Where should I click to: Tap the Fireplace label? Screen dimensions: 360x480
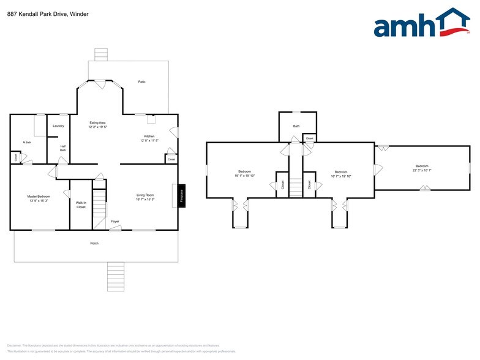tap(181, 196)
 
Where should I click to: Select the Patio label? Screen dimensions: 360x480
tap(141, 81)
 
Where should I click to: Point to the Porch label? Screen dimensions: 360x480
tap(94, 243)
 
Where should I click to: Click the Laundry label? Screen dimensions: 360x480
tap(59, 126)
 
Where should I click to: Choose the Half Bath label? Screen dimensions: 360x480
tap(62, 148)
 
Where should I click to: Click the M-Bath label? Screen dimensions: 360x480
tap(27, 143)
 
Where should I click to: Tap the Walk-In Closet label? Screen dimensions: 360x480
tap(81, 204)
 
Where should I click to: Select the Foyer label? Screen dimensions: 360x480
tap(114, 222)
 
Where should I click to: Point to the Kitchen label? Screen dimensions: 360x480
tap(149, 136)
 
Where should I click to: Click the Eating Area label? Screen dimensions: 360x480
tap(98, 123)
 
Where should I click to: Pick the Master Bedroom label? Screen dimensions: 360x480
tap(39, 197)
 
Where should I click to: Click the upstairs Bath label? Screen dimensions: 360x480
tap(296, 126)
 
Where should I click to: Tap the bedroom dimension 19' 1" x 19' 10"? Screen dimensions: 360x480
tap(244, 176)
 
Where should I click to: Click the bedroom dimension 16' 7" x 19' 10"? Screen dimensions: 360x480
tap(341, 176)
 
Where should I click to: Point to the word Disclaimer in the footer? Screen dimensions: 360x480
tap(15, 345)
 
